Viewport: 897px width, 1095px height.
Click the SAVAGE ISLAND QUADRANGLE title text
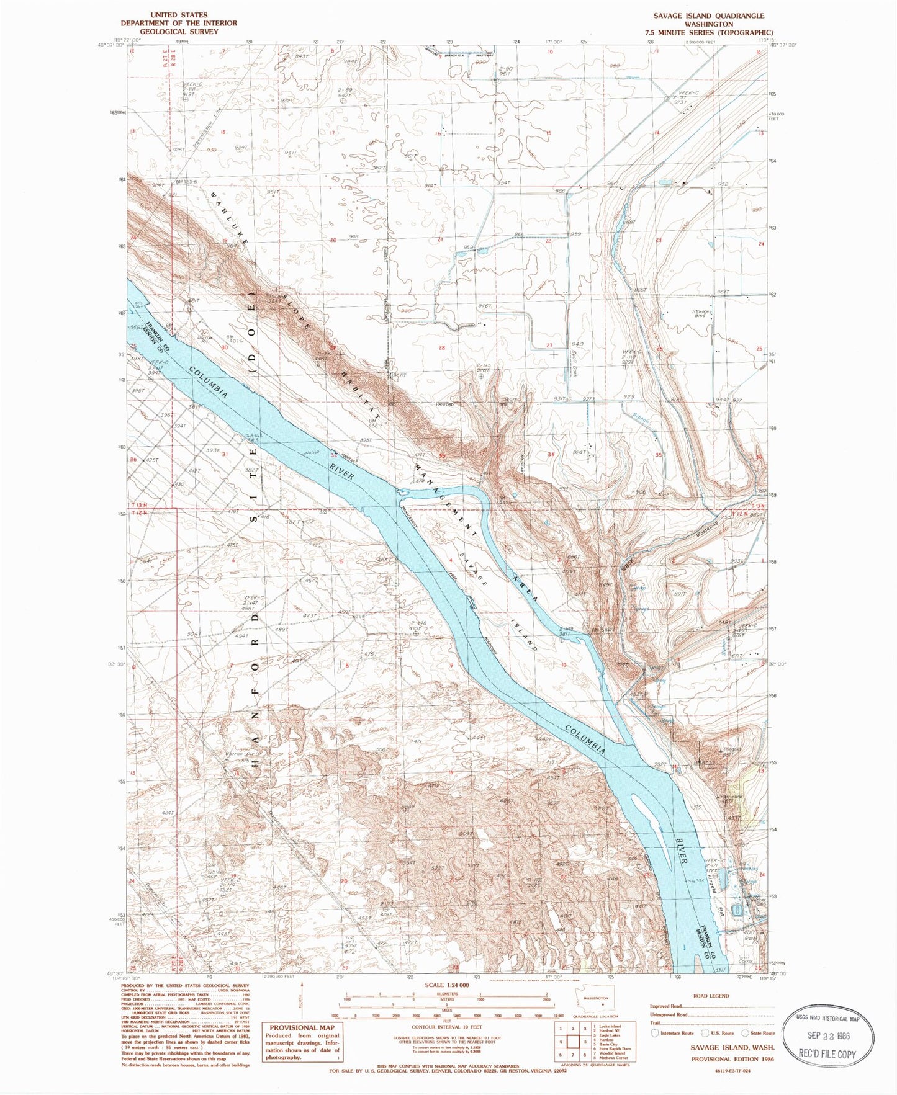click(x=708, y=16)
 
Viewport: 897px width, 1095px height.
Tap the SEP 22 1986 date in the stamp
click(x=828, y=1035)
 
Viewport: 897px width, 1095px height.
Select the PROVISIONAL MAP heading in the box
click(x=301, y=1027)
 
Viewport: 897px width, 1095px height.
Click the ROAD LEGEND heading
click(x=711, y=996)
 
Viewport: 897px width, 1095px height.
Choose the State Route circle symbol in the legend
click(x=745, y=1033)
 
